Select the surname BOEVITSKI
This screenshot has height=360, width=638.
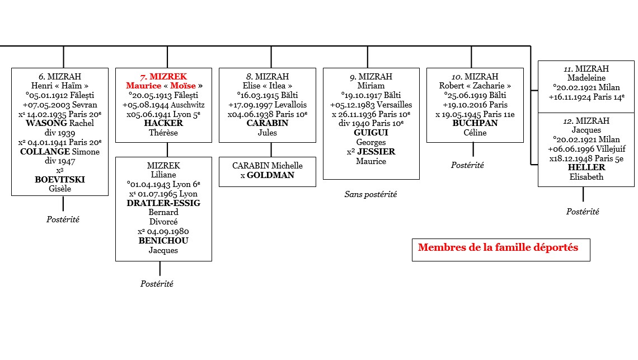(59, 179)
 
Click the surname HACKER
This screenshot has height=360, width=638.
(163, 123)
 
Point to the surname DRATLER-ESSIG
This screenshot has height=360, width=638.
(163, 203)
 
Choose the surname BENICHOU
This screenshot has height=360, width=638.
(163, 241)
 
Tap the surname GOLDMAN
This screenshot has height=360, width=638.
(271, 175)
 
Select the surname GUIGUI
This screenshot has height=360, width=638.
(370, 133)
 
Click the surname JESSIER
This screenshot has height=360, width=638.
(376, 152)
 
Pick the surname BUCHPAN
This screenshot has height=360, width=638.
(475, 123)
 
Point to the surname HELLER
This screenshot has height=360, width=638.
(586, 167)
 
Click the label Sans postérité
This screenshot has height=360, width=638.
(370, 194)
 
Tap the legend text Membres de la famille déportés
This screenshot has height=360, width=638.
(498, 247)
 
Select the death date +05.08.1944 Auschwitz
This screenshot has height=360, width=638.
(163, 105)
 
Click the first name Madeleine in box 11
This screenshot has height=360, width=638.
(586, 78)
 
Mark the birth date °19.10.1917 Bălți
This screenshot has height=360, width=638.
(370, 95)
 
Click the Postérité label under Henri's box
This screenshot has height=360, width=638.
(63, 219)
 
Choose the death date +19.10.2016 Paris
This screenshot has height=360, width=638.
(475, 105)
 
